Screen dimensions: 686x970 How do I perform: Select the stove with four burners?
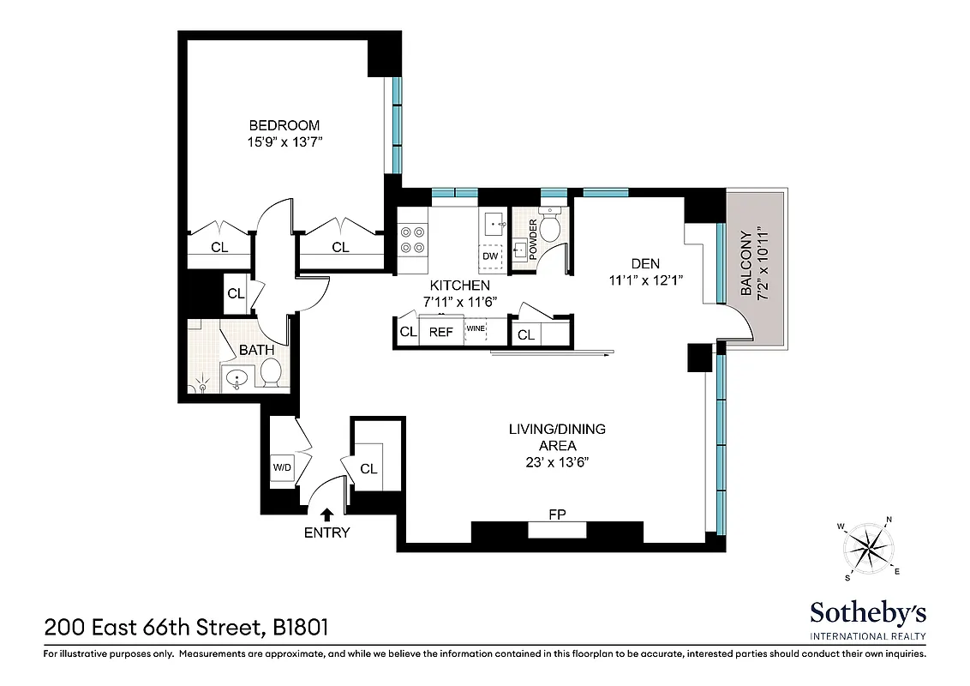[413, 239]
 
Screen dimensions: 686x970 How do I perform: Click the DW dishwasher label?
[490, 256]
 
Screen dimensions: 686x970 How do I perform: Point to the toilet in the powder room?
[549, 226]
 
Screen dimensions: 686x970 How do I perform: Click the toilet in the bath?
[271, 371]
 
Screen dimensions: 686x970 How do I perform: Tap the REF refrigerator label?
[440, 333]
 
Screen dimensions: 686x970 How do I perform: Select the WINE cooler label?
[476, 328]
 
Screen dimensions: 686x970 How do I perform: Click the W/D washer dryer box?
[281, 468]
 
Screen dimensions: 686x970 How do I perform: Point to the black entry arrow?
[326, 514]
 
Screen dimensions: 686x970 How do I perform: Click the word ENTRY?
[326, 533]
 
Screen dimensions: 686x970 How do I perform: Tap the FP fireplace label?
[557, 514]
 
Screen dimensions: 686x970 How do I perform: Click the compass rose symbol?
[869, 546]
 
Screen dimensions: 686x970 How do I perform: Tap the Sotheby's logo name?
[868, 613]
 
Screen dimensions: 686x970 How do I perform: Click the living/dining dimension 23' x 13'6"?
[557, 462]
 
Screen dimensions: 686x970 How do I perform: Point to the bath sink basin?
[237, 376]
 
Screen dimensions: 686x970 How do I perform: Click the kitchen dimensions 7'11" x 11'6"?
[460, 301]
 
